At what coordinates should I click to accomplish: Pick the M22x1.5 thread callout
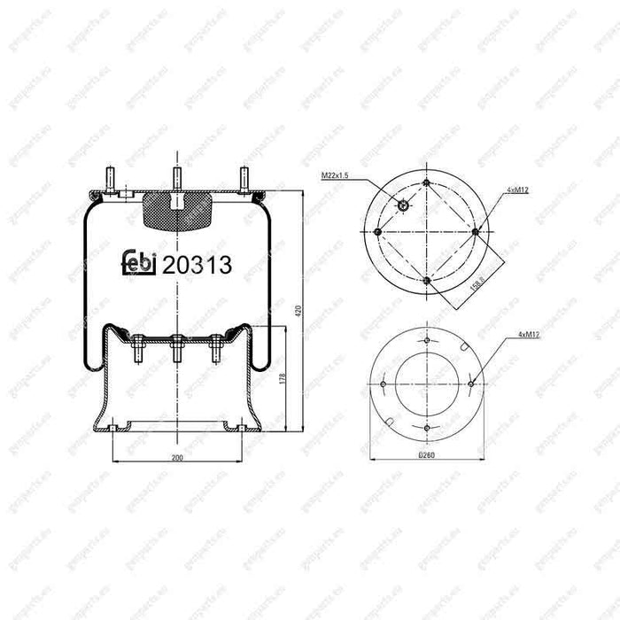click(x=335, y=176)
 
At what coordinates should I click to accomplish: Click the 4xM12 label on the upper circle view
click(x=518, y=190)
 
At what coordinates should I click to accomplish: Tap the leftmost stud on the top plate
click(x=111, y=178)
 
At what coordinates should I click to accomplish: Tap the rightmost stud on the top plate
click(x=243, y=178)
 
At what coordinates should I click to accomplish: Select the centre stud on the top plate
click(x=177, y=176)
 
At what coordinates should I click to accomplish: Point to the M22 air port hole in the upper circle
click(x=404, y=206)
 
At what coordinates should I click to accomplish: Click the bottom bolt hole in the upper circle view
click(x=427, y=280)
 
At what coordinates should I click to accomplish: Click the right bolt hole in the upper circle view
click(x=476, y=231)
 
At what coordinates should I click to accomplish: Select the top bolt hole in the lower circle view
click(x=427, y=341)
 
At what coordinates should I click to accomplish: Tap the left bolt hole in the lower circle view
click(x=383, y=384)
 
